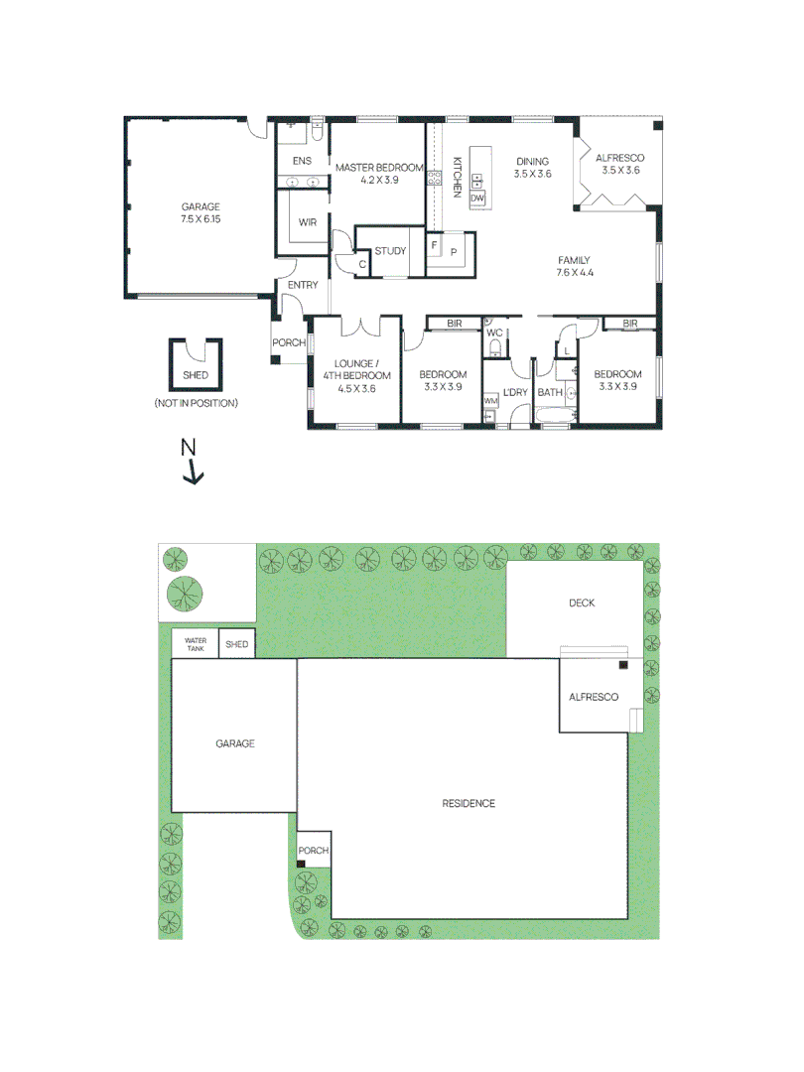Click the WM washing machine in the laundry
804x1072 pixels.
(490, 400)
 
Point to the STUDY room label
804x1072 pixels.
(390, 251)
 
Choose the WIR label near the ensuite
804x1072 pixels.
(307, 223)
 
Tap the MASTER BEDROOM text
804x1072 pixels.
(378, 168)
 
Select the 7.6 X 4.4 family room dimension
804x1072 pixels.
(574, 272)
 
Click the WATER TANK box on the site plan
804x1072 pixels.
(195, 644)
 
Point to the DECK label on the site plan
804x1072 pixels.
(582, 603)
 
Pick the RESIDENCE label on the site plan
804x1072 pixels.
(469, 803)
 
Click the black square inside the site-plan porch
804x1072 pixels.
(301, 865)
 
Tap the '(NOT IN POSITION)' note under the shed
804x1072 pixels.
(197, 404)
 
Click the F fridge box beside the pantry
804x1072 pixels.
(434, 243)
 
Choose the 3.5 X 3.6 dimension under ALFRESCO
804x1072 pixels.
(620, 170)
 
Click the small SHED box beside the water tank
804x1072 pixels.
(236, 644)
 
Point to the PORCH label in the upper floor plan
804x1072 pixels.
(289, 343)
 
